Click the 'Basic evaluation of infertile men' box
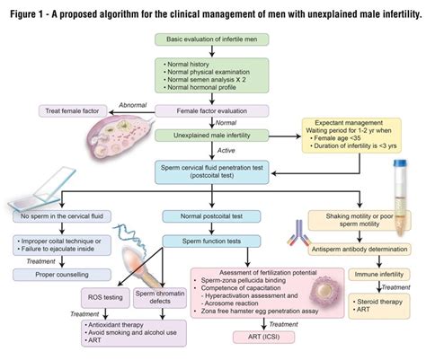click(212, 40)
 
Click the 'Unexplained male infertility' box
click(212, 135)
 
